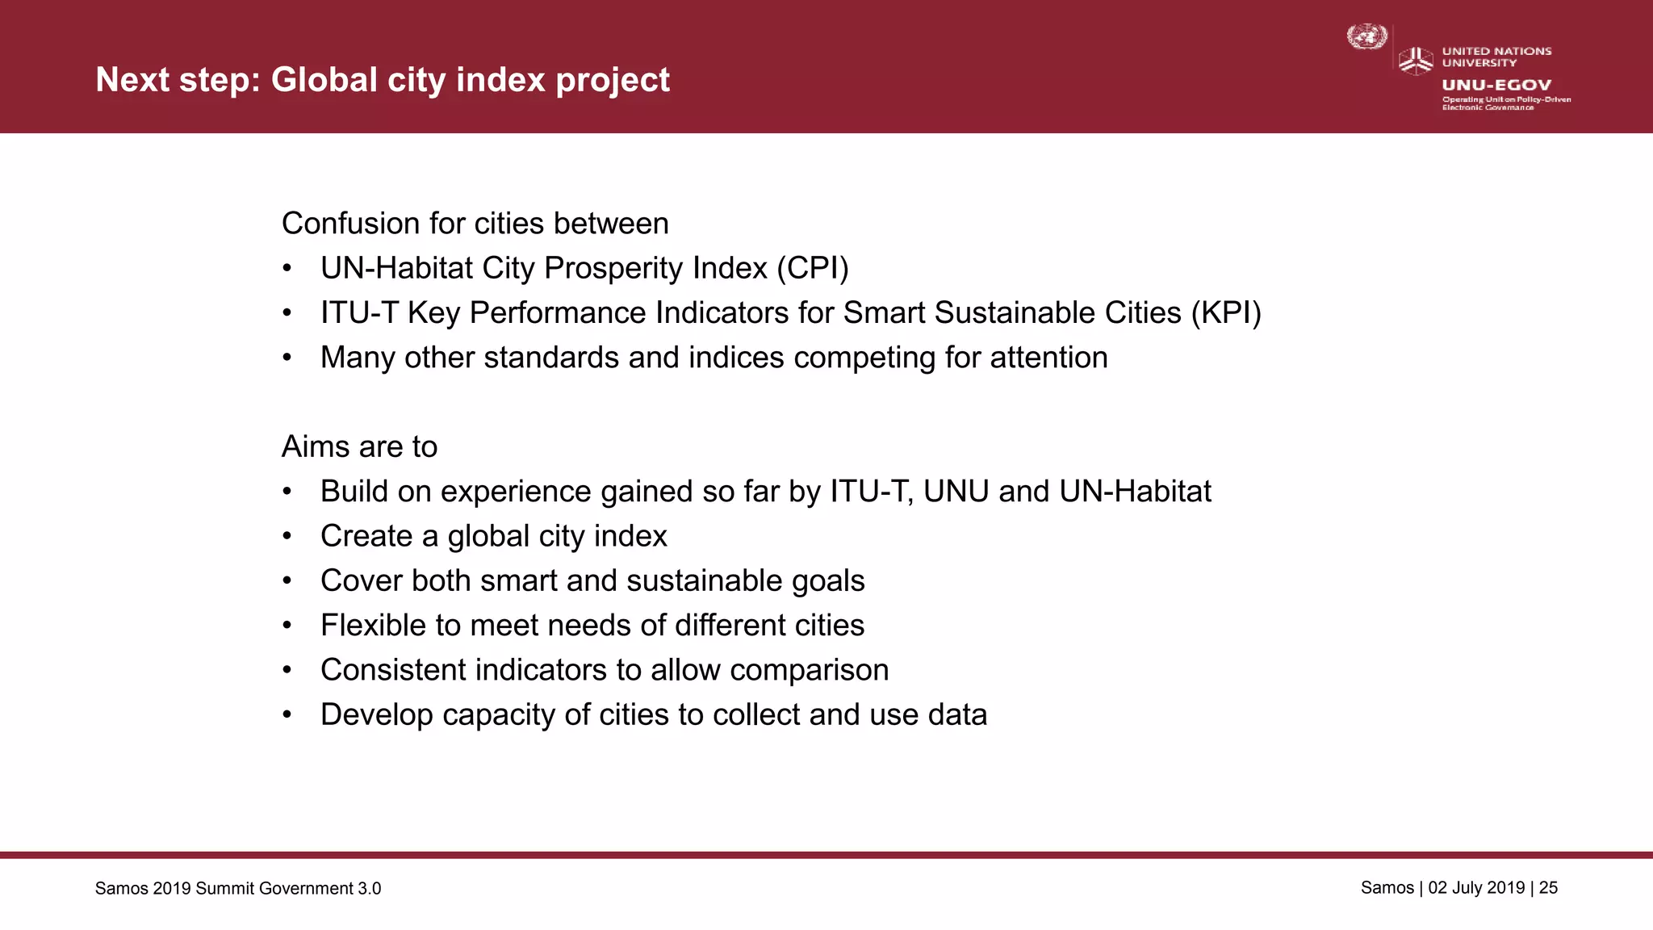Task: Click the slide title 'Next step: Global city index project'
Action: point(383,80)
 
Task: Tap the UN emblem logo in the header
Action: point(1366,37)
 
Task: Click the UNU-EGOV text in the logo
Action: point(1496,85)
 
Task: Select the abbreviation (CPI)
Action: point(813,268)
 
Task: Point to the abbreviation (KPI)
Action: point(1226,312)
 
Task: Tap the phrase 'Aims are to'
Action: point(359,446)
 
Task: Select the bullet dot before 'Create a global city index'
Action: point(287,536)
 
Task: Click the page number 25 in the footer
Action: point(1548,888)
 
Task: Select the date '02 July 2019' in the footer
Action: point(1476,888)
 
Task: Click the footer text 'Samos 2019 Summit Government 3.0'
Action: point(238,889)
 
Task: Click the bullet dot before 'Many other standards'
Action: point(287,358)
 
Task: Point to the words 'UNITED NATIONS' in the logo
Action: point(1496,51)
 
